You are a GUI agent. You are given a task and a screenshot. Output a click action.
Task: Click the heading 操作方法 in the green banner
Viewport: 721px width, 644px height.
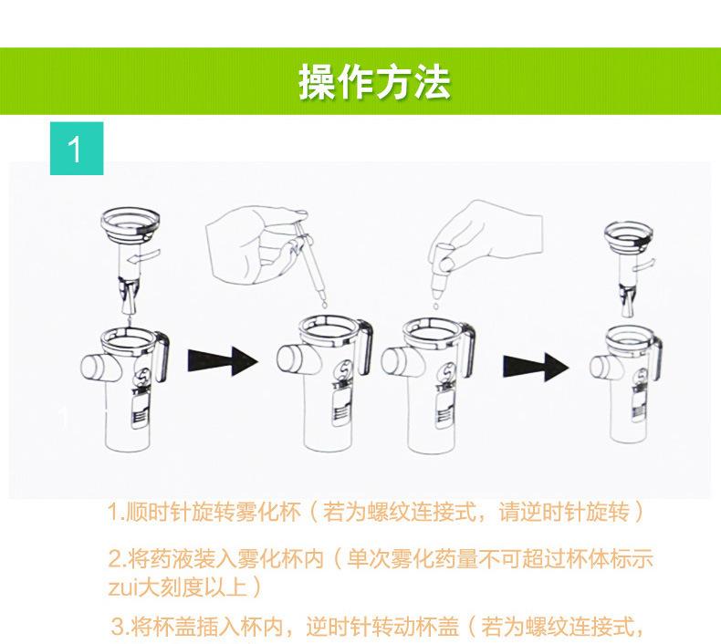click(375, 82)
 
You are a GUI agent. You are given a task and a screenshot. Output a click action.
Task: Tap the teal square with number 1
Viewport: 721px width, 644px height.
click(77, 148)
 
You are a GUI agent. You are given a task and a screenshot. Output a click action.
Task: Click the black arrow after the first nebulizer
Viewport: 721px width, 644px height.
click(223, 361)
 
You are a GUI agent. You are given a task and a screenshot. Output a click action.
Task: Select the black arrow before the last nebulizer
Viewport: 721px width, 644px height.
click(536, 367)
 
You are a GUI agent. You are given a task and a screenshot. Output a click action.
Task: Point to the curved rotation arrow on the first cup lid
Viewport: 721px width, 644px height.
click(144, 255)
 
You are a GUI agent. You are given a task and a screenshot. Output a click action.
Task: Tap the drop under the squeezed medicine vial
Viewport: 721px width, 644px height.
click(434, 305)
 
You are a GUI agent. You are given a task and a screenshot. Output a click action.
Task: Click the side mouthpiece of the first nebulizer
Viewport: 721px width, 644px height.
click(98, 368)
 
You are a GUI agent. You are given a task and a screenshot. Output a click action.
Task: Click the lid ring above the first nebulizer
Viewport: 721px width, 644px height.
click(131, 223)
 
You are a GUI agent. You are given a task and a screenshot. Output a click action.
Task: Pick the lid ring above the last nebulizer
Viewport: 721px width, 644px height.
click(629, 234)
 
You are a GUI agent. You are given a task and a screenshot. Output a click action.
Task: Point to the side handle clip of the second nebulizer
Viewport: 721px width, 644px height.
click(365, 348)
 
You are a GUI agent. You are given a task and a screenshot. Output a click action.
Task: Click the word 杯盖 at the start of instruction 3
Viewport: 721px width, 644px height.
click(173, 627)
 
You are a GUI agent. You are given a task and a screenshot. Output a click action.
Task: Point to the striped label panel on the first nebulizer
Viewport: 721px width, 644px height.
click(141, 411)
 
